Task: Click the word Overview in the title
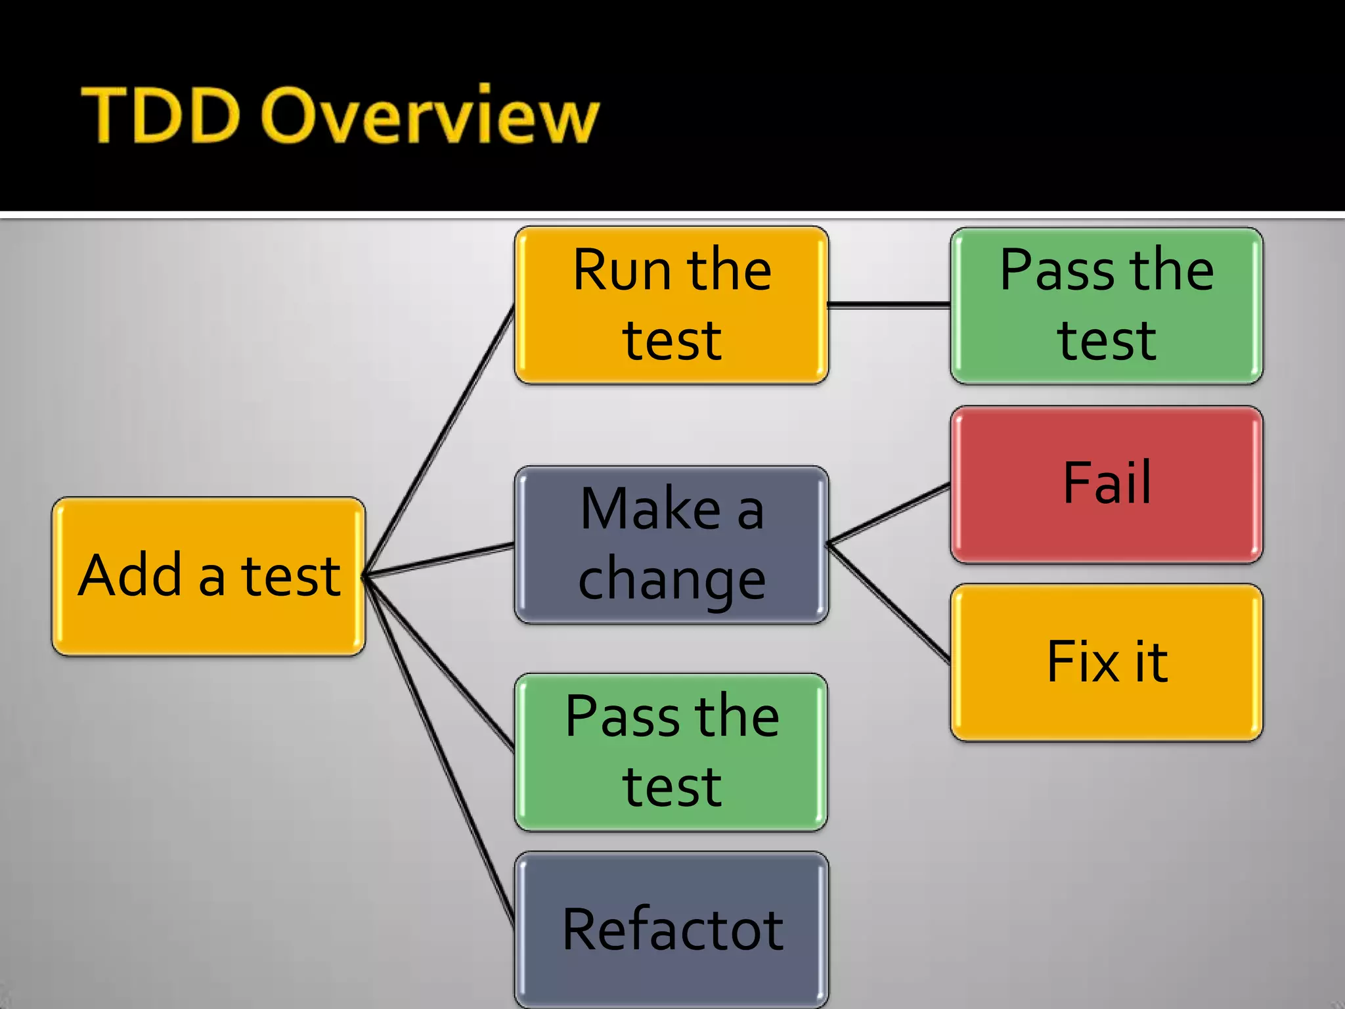tap(430, 116)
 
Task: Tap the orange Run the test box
tap(671, 305)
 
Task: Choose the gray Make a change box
tap(671, 544)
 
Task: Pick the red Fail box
tap(1106, 484)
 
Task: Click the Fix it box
tap(1106, 662)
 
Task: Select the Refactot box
tap(671, 929)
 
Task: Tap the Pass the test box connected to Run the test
tap(1106, 305)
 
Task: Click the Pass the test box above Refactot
tap(671, 751)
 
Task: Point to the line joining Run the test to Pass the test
tap(889, 305)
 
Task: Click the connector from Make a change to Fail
tap(889, 514)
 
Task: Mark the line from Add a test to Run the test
tap(439, 441)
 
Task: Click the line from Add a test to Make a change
tap(439, 560)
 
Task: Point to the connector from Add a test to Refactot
tap(439, 749)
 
